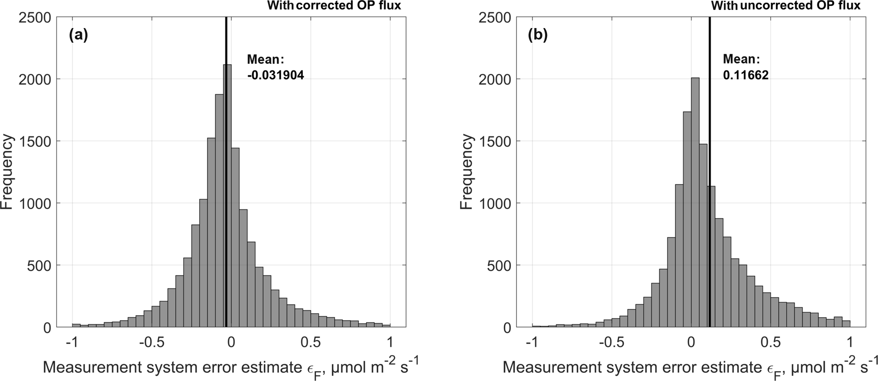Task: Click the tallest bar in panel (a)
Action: pos(228,195)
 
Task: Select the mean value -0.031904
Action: pos(275,75)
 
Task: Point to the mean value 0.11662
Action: pos(745,75)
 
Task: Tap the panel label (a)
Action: pos(78,35)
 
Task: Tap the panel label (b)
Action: pos(537,35)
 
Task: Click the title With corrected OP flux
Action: pos(334,6)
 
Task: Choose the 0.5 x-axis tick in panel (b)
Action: pos(771,342)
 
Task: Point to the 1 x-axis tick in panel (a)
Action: pos(390,342)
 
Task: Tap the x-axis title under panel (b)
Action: pos(690,367)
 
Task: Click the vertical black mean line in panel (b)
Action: pos(709,127)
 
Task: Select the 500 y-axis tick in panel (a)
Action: pos(40,265)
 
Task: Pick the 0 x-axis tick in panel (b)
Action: pos(691,342)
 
